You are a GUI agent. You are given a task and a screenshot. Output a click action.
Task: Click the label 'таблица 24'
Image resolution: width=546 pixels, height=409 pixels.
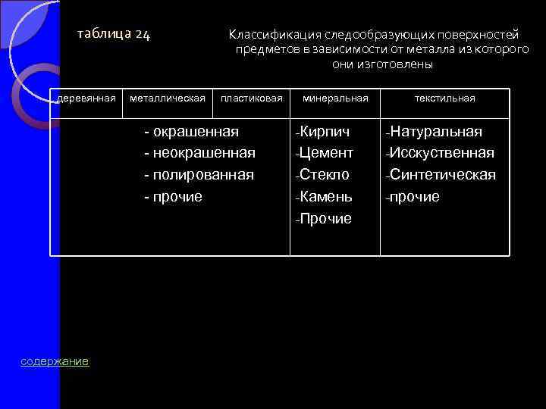tap(115, 34)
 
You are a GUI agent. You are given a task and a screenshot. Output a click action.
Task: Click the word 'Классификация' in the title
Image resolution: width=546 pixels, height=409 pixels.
tap(275, 35)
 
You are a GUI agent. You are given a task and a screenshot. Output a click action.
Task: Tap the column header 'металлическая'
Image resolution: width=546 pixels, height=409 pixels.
tap(168, 98)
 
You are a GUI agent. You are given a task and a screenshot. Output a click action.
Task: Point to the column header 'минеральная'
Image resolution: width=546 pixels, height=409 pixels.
tap(335, 98)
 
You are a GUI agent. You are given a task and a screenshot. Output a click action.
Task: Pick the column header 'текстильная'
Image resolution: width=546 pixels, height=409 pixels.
tap(444, 98)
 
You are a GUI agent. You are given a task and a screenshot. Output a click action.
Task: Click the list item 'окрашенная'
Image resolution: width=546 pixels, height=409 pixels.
tap(196, 132)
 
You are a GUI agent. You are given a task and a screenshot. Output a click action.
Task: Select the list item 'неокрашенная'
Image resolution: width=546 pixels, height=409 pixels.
tap(204, 153)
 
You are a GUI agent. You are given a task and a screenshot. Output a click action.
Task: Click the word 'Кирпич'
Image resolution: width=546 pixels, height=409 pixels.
tap(325, 132)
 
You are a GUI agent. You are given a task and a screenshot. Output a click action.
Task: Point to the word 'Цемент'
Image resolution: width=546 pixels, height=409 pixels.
tap(326, 153)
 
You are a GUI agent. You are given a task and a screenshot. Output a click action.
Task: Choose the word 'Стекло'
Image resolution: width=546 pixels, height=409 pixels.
tap(324, 175)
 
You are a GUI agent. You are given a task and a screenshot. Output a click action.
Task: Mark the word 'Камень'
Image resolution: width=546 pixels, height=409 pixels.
tap(325, 197)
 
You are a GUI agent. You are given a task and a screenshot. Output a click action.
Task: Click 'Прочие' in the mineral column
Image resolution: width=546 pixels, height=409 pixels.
tap(325, 219)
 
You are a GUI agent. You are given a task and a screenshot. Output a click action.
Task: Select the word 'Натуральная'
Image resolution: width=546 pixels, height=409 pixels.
tap(436, 132)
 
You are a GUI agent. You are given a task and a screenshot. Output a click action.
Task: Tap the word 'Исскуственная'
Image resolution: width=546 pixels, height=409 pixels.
tap(442, 153)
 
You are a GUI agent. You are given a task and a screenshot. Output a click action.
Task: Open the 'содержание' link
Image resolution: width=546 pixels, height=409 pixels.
tap(55, 362)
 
